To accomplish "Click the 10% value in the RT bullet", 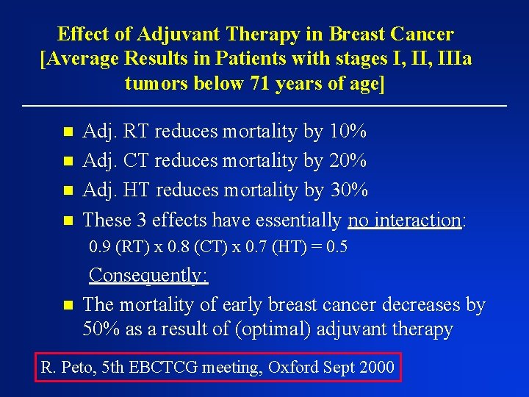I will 348,132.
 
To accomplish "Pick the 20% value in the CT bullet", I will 348,161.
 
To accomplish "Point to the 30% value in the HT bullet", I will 348,190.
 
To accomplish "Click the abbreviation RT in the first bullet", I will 137,132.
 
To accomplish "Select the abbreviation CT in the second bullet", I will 137,161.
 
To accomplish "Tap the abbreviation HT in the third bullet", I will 137,190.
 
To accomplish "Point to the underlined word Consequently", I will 148,276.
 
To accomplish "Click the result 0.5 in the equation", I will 337,248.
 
